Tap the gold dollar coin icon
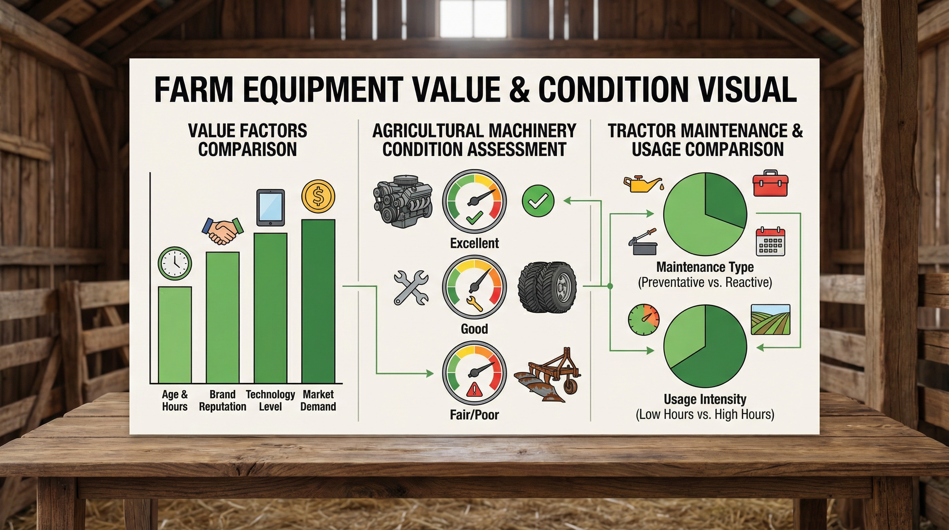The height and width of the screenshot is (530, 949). [318, 196]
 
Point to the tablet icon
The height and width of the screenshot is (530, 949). [270, 207]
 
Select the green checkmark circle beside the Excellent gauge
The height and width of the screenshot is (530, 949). [538, 201]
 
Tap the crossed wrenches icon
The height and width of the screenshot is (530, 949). [411, 287]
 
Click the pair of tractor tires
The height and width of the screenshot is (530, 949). [547, 287]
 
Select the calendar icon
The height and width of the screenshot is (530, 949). [771, 242]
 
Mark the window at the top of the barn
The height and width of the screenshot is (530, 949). [473, 18]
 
